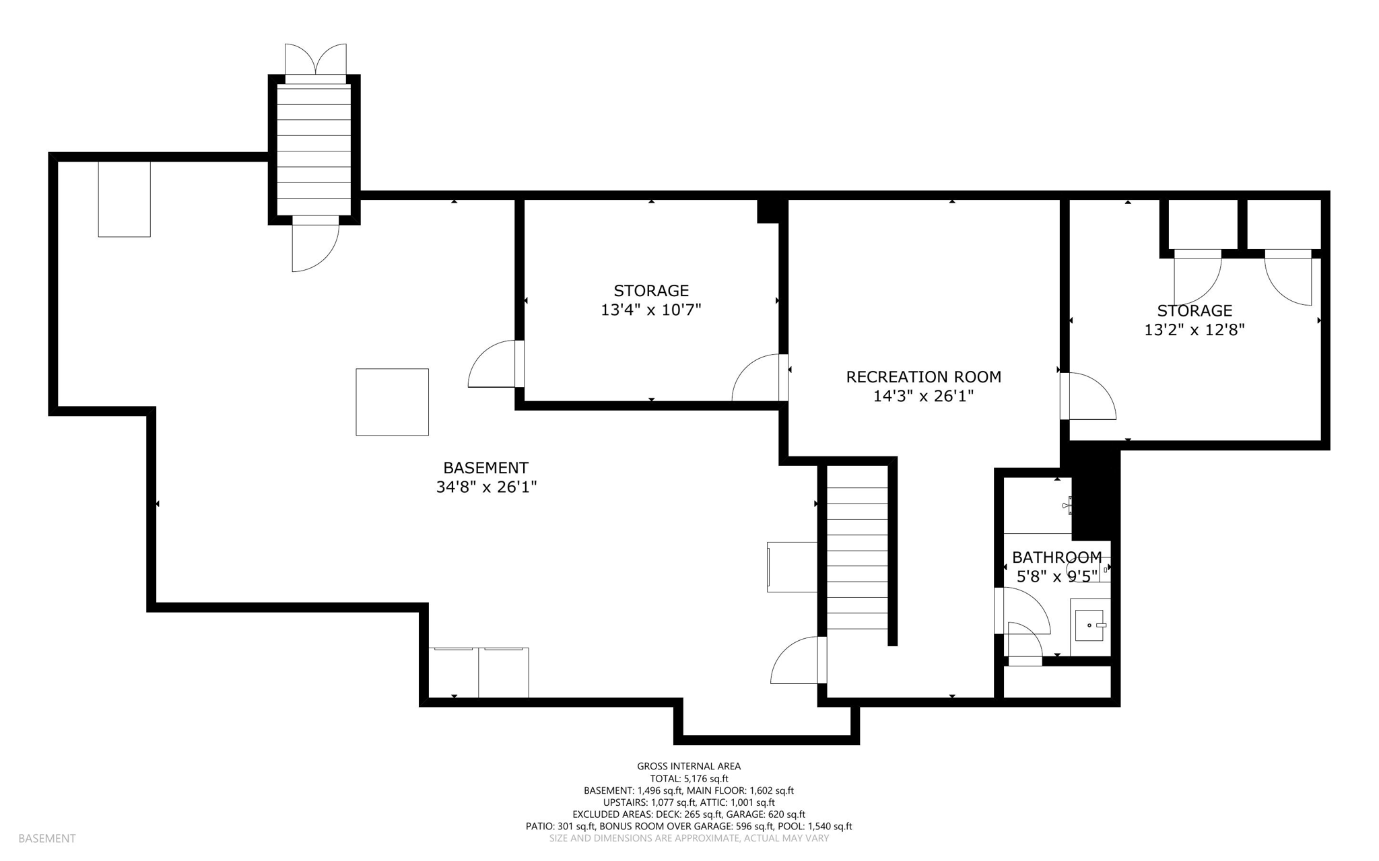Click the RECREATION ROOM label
pyautogui.click(x=923, y=377)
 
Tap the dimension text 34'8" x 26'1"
pyautogui.click(x=486, y=487)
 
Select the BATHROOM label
pyautogui.click(x=1056, y=557)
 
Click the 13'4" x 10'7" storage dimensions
pyautogui.click(x=651, y=310)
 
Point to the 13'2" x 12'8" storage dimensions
pyautogui.click(x=1195, y=331)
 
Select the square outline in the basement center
pyautogui.click(x=392, y=402)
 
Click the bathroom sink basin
pyautogui.click(x=1089, y=625)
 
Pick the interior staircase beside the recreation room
pyautogui.click(x=856, y=552)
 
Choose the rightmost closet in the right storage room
pyautogui.click(x=1283, y=224)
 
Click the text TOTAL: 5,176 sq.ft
pyautogui.click(x=689, y=778)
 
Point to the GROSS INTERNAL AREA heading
pyautogui.click(x=689, y=766)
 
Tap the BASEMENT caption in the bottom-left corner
pyautogui.click(x=47, y=838)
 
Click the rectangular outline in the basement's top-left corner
pyautogui.click(x=124, y=199)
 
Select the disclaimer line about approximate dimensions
pyautogui.click(x=689, y=838)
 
